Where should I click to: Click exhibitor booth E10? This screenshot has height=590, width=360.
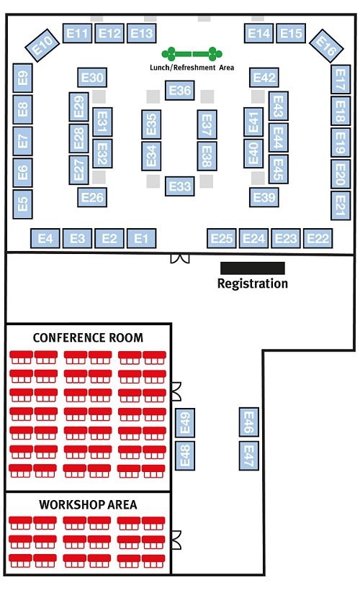click(x=42, y=45)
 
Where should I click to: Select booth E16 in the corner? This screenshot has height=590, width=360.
click(x=326, y=45)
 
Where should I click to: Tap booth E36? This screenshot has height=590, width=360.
click(x=180, y=91)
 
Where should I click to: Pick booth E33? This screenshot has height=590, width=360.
click(x=180, y=186)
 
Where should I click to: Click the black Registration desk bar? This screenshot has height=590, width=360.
click(x=252, y=268)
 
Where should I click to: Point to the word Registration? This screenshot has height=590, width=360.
click(x=253, y=283)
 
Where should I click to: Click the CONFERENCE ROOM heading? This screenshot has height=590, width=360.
click(x=88, y=337)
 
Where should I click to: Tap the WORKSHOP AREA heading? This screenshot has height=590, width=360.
click(x=88, y=504)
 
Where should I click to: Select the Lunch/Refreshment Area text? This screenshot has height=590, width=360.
click(x=192, y=68)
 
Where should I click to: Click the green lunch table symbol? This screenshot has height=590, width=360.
click(x=192, y=54)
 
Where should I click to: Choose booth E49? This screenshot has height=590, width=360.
click(x=185, y=423)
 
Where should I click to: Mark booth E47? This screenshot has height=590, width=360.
click(x=249, y=455)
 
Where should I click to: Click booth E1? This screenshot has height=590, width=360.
click(x=141, y=238)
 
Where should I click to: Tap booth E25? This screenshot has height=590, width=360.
click(x=222, y=238)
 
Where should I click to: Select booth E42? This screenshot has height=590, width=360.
click(x=264, y=78)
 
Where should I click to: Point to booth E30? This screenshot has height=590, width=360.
click(x=92, y=78)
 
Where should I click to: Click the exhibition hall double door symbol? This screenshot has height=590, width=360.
click(x=179, y=258)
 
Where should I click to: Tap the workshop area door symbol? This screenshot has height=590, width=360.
click(x=176, y=540)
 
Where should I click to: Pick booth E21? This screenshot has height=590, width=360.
click(x=341, y=206)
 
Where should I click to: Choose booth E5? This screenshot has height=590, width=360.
click(x=22, y=204)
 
